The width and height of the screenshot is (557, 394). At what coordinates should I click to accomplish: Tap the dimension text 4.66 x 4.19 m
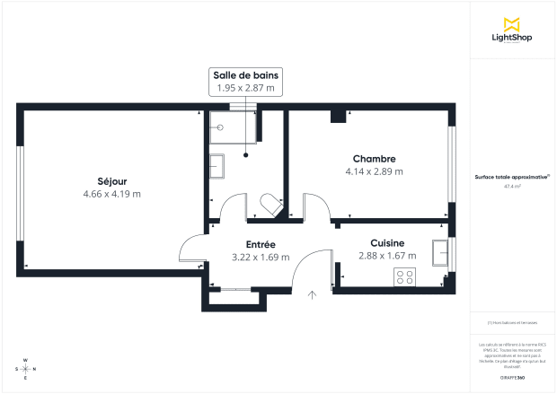pyautogui.click(x=111, y=194)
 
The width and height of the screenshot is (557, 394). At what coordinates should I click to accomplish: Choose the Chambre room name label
pyautogui.click(x=374, y=159)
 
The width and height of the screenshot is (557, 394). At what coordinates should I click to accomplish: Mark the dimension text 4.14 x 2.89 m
pyautogui.click(x=374, y=171)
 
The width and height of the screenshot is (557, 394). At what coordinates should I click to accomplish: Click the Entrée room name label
pyautogui.click(x=261, y=244)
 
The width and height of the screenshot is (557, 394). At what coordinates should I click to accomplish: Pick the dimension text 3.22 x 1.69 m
pyautogui.click(x=261, y=257)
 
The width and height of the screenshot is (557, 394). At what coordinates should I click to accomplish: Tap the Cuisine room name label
pyautogui.click(x=387, y=242)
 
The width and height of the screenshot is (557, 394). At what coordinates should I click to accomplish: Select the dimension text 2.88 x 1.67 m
pyautogui.click(x=387, y=256)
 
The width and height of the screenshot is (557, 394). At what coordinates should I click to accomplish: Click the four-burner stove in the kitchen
pyautogui.click(x=404, y=278)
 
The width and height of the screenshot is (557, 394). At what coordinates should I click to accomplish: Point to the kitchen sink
pyautogui.click(x=440, y=253)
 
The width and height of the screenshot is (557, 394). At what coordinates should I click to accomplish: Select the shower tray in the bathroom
pyautogui.click(x=232, y=127)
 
